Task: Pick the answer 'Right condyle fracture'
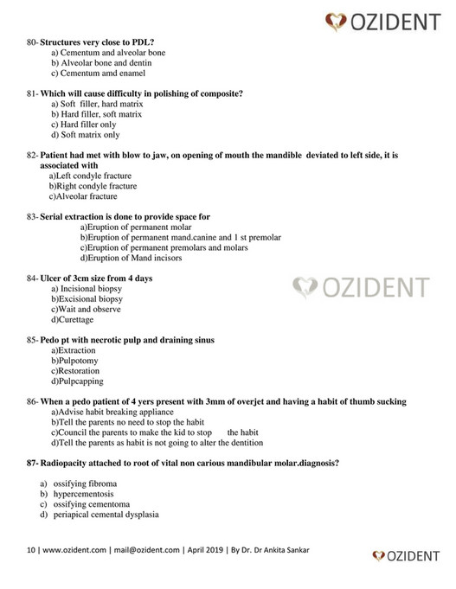[x=96, y=185]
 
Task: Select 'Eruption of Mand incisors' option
[x=132, y=258]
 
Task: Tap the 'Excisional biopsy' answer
[x=92, y=298]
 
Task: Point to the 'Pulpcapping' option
[x=80, y=381]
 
